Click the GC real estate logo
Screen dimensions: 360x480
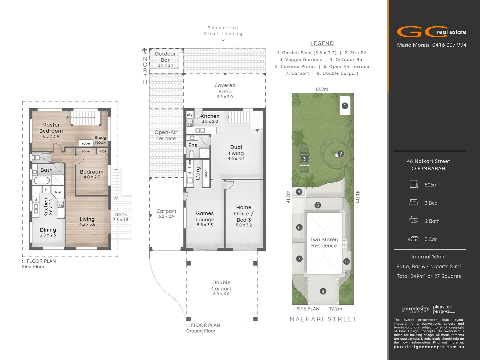431,32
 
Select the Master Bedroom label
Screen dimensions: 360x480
51,128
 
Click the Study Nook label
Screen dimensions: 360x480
100,140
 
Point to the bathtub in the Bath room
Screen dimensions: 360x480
42,180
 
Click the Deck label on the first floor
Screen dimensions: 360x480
121,214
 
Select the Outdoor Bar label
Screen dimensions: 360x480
165,57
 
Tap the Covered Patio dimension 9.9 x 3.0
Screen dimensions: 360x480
225,97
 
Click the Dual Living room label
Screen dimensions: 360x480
236,150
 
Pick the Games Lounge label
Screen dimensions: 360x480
205,216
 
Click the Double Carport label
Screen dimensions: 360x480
221,285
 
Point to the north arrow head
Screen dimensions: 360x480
145,51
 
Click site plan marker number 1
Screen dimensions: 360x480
345,106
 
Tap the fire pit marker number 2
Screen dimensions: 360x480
340,154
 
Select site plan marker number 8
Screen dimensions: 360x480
322,291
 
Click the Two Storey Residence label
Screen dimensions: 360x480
324,242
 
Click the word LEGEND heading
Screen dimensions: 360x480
322,43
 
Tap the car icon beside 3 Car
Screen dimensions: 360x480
413,239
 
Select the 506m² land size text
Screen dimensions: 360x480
432,185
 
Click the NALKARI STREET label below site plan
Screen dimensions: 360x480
323,319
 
